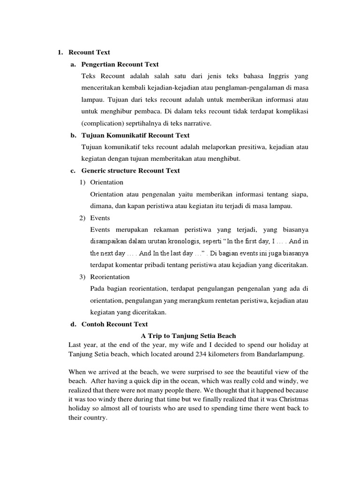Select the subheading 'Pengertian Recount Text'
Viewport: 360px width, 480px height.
pyautogui.click(x=120, y=64)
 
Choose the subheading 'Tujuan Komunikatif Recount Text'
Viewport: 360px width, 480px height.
pyautogui.click(x=135, y=135)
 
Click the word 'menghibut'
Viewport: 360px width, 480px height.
pyautogui.click(x=225, y=159)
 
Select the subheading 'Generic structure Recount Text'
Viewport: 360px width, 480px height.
pyautogui.click(x=130, y=171)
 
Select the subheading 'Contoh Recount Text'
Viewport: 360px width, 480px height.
pyautogui.click(x=114, y=324)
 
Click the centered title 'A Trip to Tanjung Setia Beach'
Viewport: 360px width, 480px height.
pyautogui.click(x=188, y=336)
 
